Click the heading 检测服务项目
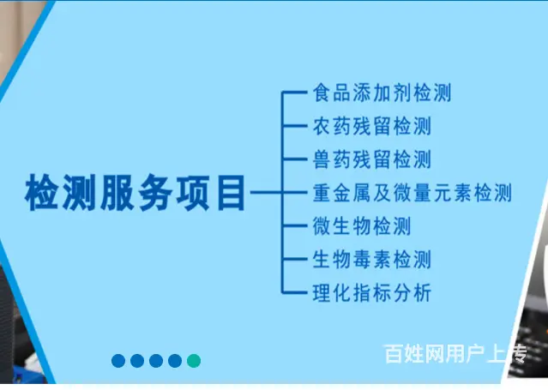point(135,193)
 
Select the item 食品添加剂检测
point(382,93)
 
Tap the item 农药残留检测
point(372,126)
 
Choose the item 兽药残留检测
point(372,159)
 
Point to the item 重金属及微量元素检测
point(412,193)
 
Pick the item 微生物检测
point(362,225)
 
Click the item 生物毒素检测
point(372,260)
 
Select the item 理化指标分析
point(372,292)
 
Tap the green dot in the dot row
point(194,361)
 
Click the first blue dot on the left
point(118,361)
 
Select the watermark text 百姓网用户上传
point(455,354)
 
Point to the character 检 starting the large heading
point(41,193)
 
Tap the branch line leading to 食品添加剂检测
point(294,92)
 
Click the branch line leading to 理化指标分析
point(294,292)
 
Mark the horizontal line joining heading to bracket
point(267,192)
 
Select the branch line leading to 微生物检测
point(294,225)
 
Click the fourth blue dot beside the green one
point(175,361)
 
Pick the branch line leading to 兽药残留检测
point(294,159)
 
